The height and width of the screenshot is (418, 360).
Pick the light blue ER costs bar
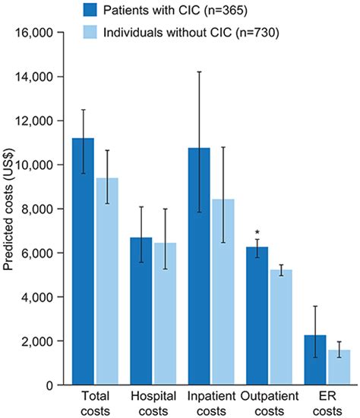coord(339,367)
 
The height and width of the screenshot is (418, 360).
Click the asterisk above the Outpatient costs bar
coord(257,232)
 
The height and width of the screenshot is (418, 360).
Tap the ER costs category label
coord(327,402)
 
